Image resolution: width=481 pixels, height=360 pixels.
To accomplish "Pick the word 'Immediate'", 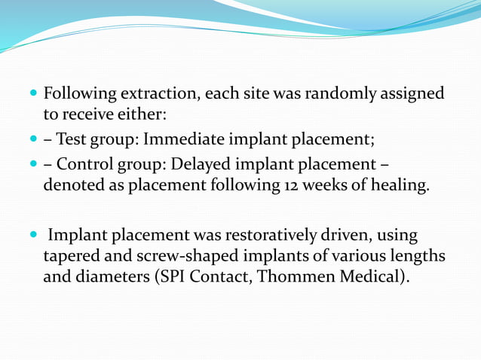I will [x=179, y=140].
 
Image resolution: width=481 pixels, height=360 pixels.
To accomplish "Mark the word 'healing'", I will [x=400, y=186].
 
